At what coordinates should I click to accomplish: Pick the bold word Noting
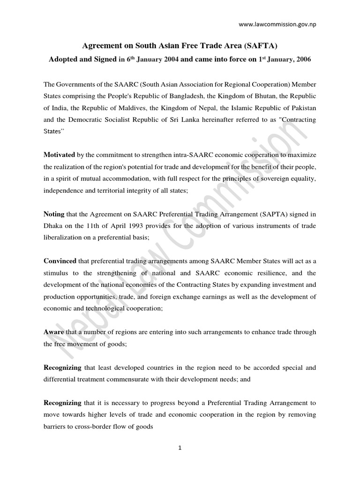[54, 214]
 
